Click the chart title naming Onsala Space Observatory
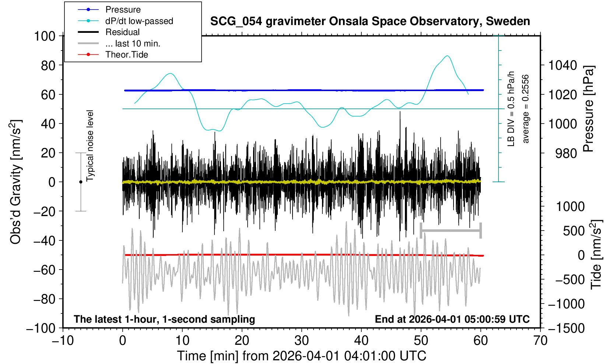370,21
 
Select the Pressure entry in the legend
123,10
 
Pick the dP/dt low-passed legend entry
139,21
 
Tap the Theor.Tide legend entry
126,55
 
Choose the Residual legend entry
122,32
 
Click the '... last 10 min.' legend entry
133,44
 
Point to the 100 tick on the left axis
45,36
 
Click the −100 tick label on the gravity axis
41,328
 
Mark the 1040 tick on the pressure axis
563,66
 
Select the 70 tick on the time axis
540,340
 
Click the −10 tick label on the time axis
62,340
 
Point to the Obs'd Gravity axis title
16,182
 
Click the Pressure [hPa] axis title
589,109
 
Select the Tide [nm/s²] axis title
596,254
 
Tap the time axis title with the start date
301,356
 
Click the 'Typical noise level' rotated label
90,146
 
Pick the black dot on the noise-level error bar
81,182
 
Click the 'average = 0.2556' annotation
525,109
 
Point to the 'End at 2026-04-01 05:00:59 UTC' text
452,319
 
